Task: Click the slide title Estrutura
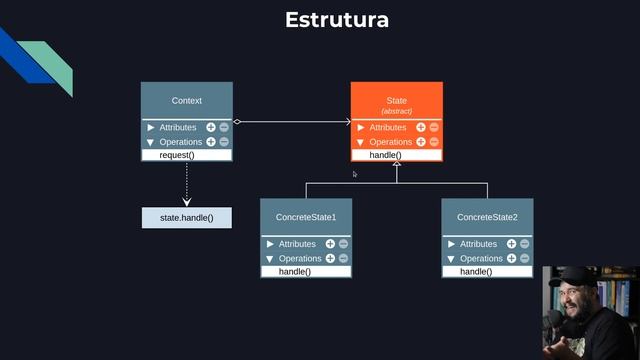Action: pyautogui.click(x=336, y=20)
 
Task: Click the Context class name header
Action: pyautogui.click(x=187, y=101)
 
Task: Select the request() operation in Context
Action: pyautogui.click(x=177, y=156)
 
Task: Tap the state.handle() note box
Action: pyautogui.click(x=187, y=217)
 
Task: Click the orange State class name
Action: pyautogui.click(x=396, y=101)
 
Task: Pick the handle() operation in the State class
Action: pyautogui.click(x=385, y=156)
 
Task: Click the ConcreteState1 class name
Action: pyautogui.click(x=306, y=217)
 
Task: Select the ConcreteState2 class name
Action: pyautogui.click(x=487, y=217)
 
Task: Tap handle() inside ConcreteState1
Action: pyautogui.click(x=295, y=272)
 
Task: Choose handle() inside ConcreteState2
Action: pyautogui.click(x=476, y=272)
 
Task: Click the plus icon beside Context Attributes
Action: pyautogui.click(x=211, y=128)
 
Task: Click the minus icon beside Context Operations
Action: pyautogui.click(x=224, y=142)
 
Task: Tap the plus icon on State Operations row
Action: pyautogui.click(x=421, y=142)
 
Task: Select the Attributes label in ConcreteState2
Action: pyautogui.click(x=478, y=244)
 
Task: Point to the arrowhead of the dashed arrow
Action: pyautogui.click(x=187, y=201)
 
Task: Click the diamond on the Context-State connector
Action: pyautogui.click(x=238, y=122)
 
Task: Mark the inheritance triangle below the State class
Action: pyautogui.click(x=397, y=165)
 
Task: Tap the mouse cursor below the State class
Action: pyautogui.click(x=355, y=174)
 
